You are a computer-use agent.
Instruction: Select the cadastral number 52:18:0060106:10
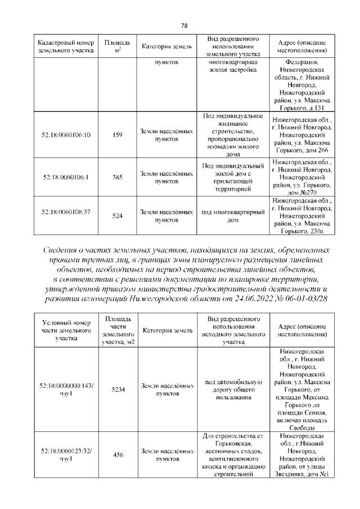click(66, 135)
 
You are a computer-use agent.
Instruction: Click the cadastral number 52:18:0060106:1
click(66, 177)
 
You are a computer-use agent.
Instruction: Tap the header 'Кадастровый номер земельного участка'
click(66, 47)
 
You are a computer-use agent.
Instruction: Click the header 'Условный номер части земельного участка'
click(66, 331)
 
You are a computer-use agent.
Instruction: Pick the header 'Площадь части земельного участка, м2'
click(118, 330)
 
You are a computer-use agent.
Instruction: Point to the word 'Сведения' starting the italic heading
click(61, 249)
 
